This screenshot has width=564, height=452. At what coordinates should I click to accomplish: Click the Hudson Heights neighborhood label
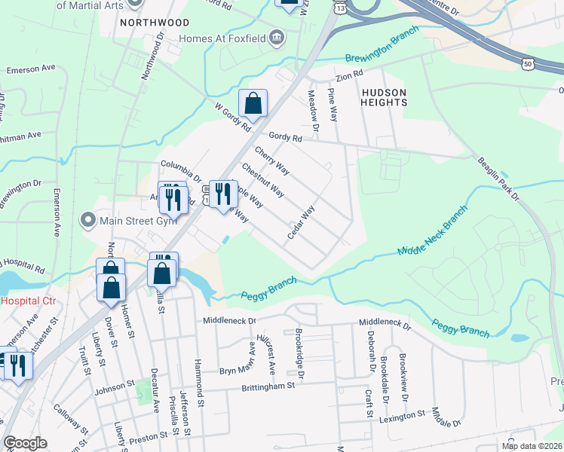tap(384, 97)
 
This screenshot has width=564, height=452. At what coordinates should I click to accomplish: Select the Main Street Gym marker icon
tap(89, 221)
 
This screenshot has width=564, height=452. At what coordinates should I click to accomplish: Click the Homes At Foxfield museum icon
tap(277, 38)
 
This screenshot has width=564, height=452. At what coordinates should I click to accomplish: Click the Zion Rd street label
tap(350, 75)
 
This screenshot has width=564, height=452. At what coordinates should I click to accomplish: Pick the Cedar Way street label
tap(300, 224)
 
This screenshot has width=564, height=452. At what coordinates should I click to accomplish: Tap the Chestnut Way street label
tap(262, 180)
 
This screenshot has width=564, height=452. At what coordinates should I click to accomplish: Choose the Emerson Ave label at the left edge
tap(32, 69)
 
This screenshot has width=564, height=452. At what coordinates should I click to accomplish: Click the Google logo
tap(25, 443)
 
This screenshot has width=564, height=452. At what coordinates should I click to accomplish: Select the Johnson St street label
tap(113, 391)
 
